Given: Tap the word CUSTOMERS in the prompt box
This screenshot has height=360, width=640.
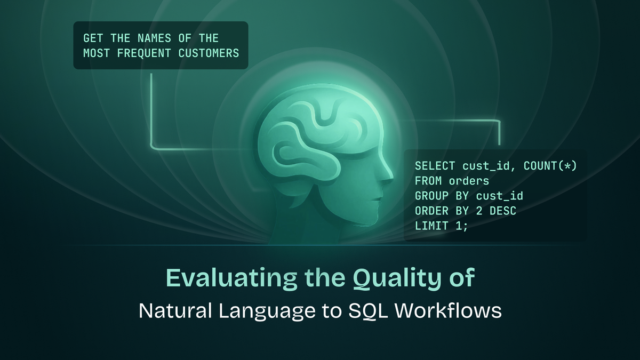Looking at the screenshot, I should (x=209, y=53).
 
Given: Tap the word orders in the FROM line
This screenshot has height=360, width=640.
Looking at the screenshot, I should (x=469, y=181).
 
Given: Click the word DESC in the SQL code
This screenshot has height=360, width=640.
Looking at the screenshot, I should (x=503, y=211).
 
